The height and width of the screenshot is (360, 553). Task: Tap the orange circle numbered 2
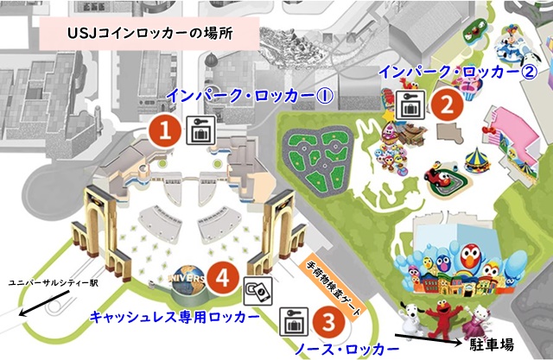(444, 104)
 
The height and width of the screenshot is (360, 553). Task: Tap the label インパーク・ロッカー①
(249, 94)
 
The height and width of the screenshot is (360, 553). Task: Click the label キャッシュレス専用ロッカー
(174, 318)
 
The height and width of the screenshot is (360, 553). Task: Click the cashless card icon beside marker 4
(257, 289)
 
